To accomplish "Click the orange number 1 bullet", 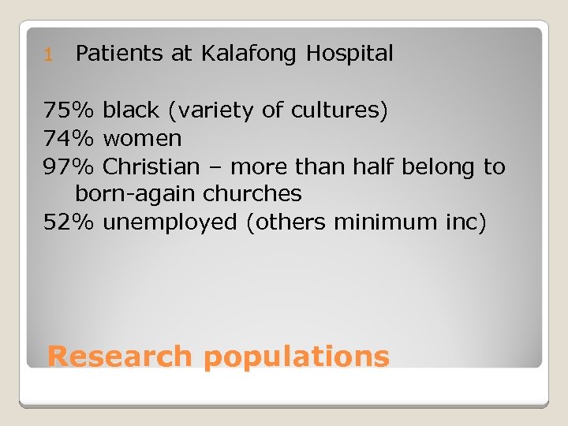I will (x=47, y=55).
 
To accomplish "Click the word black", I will (x=130, y=110).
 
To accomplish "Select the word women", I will (x=143, y=140).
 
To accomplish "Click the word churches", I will (x=252, y=194).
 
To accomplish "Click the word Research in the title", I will (x=119, y=356).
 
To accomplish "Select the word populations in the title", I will (x=296, y=357).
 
